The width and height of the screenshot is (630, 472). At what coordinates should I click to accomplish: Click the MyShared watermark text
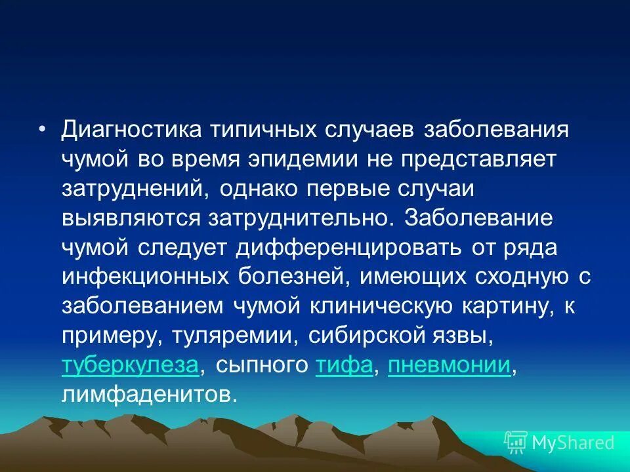(572, 442)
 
